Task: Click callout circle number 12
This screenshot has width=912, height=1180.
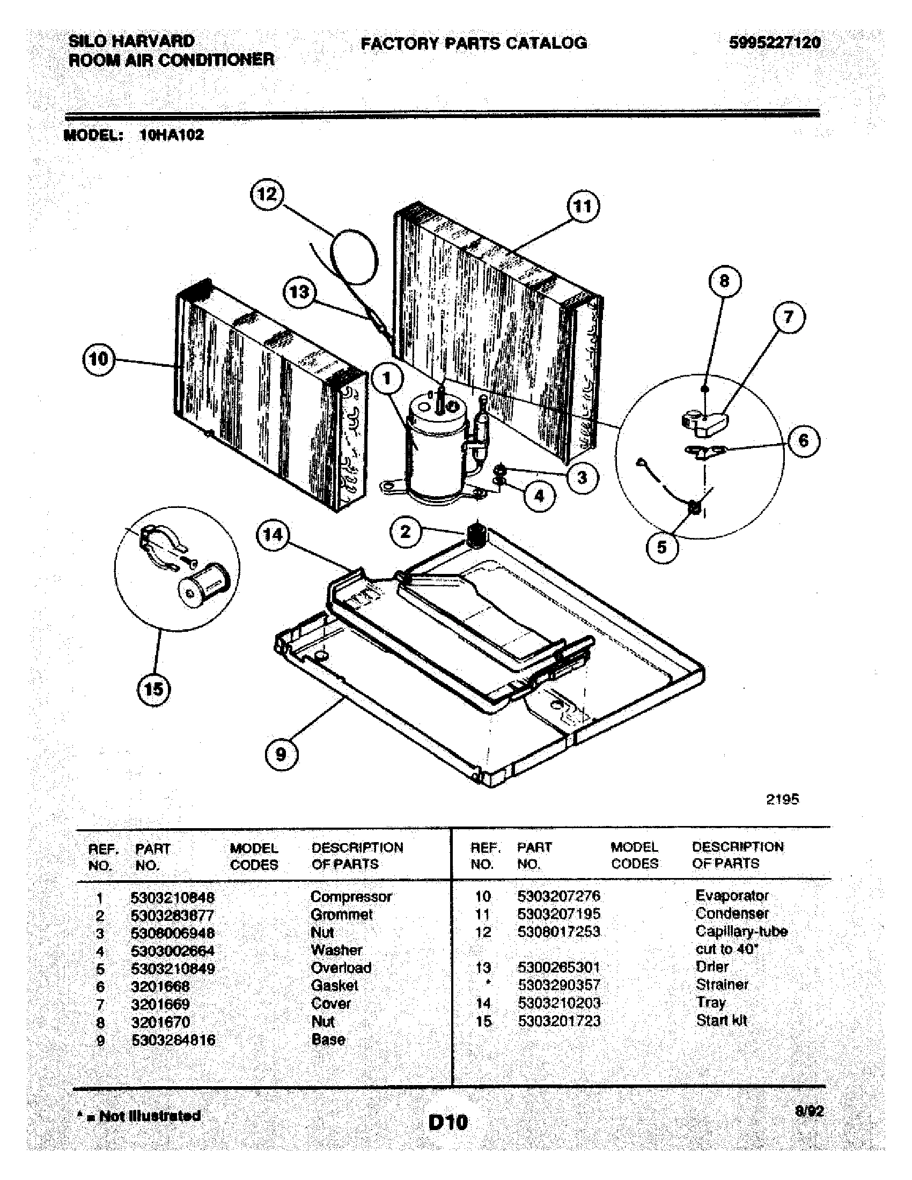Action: pyautogui.click(x=267, y=194)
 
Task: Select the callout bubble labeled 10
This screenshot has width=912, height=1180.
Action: pyautogui.click(x=98, y=359)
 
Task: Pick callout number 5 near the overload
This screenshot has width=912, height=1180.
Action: pyautogui.click(x=662, y=547)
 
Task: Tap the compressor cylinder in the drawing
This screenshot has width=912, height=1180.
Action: pyautogui.click(x=437, y=454)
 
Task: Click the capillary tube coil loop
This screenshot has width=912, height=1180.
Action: pyautogui.click(x=353, y=256)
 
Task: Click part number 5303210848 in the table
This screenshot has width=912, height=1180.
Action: pyautogui.click(x=172, y=897)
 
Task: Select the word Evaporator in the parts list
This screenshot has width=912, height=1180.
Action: pyautogui.click(x=732, y=895)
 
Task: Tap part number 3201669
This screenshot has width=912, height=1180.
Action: pyautogui.click(x=160, y=1005)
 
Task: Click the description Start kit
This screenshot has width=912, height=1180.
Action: pyautogui.click(x=721, y=1021)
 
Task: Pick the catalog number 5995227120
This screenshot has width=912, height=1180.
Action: pyautogui.click(x=774, y=43)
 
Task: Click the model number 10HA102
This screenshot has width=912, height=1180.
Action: pyautogui.click(x=172, y=135)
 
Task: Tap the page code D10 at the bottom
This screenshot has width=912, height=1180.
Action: pyautogui.click(x=448, y=1123)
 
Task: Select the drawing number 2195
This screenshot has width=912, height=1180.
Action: pyautogui.click(x=782, y=799)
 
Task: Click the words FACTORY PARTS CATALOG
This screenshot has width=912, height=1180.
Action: pyautogui.click(x=473, y=43)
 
